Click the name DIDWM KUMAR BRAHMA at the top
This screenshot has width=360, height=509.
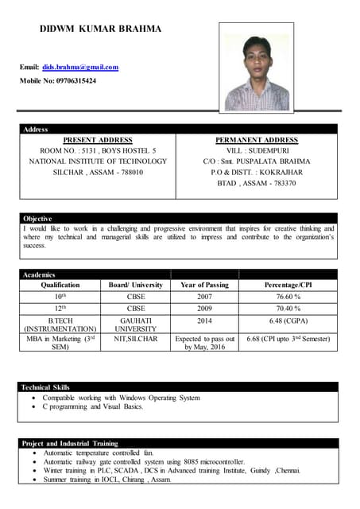point(100,29)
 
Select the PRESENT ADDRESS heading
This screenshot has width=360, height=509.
point(98,139)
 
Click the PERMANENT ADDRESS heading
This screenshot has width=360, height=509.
point(256,139)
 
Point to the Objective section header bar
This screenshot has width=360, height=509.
point(37,218)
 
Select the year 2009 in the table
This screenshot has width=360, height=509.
point(204,308)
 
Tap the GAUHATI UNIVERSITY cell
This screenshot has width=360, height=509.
point(136,324)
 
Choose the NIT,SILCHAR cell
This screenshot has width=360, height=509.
point(136,339)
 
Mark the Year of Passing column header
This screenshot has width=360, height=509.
point(204,284)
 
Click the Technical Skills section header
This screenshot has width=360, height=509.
point(46,387)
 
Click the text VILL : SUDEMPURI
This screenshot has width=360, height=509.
point(256,150)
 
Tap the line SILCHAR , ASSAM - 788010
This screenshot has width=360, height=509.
point(98,172)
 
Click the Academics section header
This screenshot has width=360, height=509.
point(39,274)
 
